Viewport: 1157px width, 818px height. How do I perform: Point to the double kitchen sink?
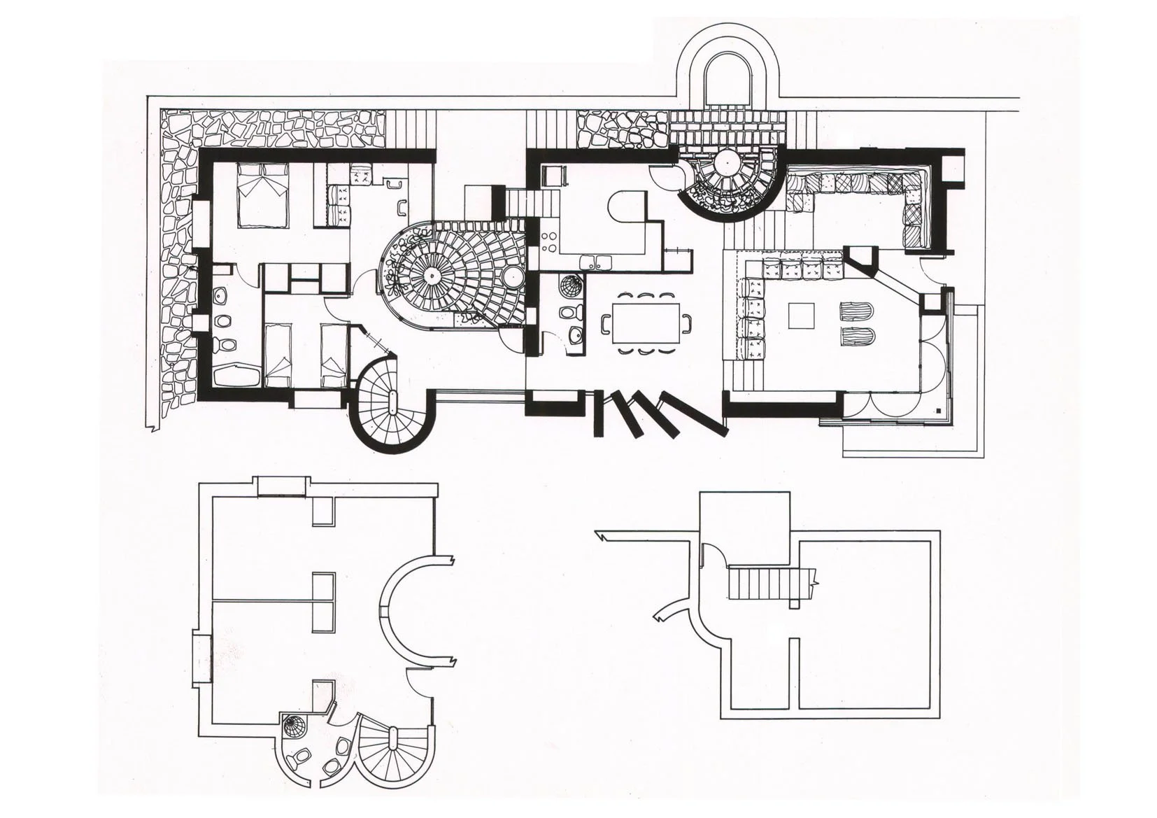(x=596, y=262)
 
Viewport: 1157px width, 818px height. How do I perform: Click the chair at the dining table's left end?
(x=606, y=323)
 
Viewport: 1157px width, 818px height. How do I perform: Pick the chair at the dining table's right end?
(x=688, y=323)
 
